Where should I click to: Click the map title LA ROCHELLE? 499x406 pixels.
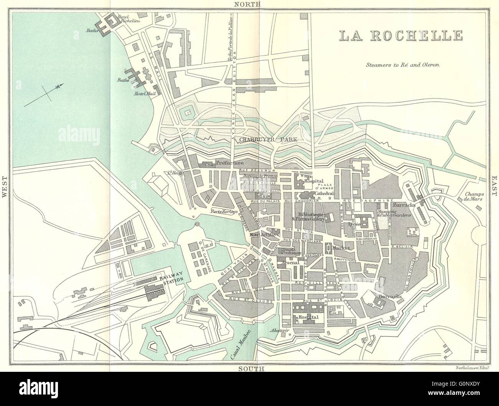coord(400,35)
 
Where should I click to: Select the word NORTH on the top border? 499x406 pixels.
coord(248,4)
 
